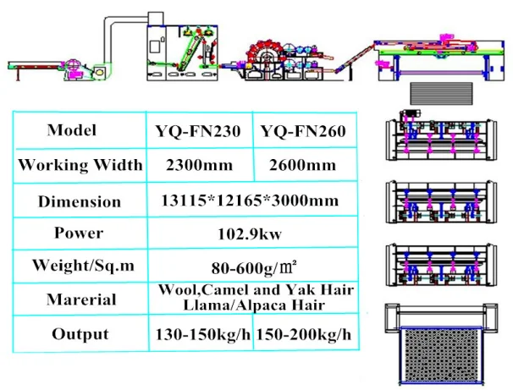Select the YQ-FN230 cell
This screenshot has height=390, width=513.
point(198,131)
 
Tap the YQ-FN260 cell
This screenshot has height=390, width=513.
point(304,131)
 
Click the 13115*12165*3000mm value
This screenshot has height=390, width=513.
point(250,201)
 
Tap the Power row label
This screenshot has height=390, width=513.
point(79,233)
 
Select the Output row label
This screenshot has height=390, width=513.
point(80,333)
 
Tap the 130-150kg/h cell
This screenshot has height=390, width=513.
point(203,334)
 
